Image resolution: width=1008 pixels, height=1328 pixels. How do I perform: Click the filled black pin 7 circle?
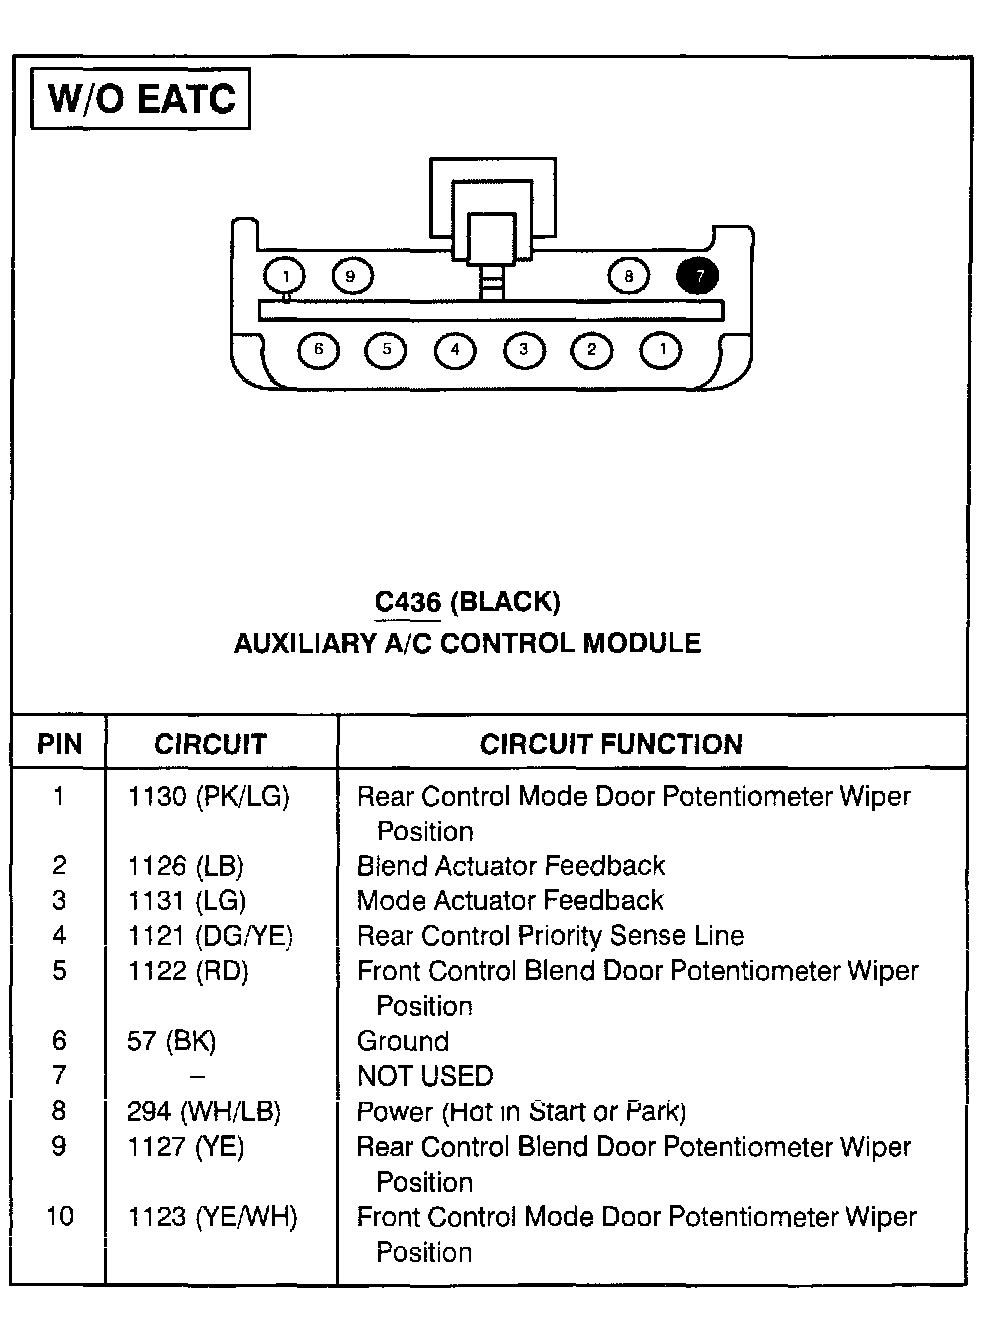(x=698, y=276)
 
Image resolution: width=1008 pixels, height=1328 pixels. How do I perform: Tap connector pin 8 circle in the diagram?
(x=628, y=276)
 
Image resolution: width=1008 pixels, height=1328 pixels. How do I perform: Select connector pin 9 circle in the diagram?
(x=351, y=276)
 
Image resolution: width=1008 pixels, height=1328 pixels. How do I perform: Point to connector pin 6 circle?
(x=319, y=350)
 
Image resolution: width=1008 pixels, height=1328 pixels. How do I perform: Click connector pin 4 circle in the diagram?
(x=455, y=350)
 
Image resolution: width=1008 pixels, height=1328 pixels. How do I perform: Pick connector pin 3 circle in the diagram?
(x=523, y=350)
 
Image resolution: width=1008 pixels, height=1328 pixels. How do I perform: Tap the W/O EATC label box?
(x=141, y=99)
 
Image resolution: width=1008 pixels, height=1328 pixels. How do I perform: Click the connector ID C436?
(x=408, y=602)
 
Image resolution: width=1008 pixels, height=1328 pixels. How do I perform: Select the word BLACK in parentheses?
(x=505, y=602)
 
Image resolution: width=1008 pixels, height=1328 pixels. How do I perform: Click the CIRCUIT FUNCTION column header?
(x=611, y=744)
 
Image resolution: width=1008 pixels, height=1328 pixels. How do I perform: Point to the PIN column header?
(x=60, y=744)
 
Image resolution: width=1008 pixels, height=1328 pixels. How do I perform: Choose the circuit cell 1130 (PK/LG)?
(x=208, y=797)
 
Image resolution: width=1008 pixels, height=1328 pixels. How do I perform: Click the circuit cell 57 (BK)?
(x=171, y=1041)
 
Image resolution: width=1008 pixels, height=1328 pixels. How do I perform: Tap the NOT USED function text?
(x=425, y=1076)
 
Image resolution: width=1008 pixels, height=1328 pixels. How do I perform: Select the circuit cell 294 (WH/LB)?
(x=204, y=1111)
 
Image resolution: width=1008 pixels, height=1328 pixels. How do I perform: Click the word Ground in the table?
(x=403, y=1041)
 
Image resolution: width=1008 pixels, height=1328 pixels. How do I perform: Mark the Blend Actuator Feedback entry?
(x=511, y=866)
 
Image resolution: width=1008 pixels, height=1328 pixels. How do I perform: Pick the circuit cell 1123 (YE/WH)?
(x=212, y=1217)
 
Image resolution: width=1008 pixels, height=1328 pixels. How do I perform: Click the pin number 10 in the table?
(x=60, y=1217)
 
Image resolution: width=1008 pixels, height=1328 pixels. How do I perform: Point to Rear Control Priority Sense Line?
(x=550, y=936)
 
